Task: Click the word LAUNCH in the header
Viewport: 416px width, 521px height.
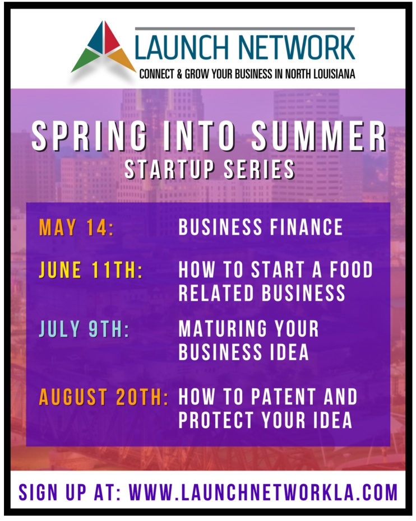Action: [183, 48]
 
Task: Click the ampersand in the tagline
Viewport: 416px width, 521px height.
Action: [179, 74]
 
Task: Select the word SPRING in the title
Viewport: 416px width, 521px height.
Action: [89, 137]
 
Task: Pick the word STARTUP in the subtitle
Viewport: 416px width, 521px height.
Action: [169, 169]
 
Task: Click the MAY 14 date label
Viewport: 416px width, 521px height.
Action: [76, 227]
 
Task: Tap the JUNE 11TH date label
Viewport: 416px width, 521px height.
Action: [91, 269]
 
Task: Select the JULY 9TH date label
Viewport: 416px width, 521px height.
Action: [84, 329]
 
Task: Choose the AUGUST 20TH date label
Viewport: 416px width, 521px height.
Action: [103, 397]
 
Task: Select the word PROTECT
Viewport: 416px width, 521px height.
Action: [216, 420]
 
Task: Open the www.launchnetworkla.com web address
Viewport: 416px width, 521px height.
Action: [264, 492]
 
